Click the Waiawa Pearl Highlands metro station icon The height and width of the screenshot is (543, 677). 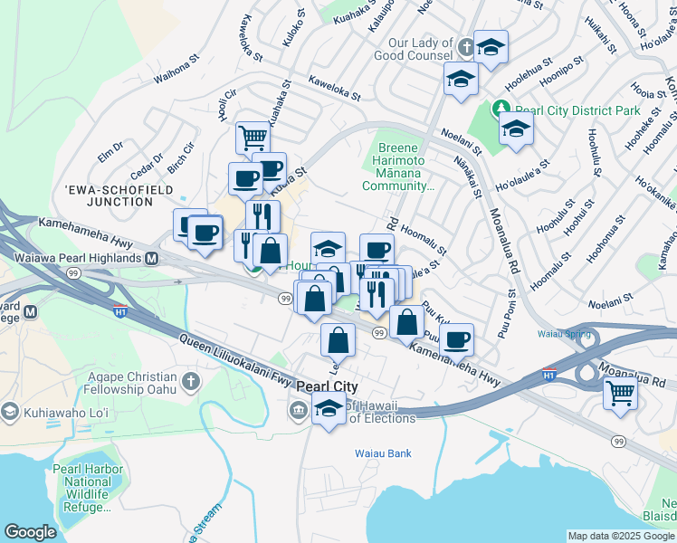pyautogui.click(x=152, y=258)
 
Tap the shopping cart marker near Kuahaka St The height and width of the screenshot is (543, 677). pyautogui.click(x=253, y=138)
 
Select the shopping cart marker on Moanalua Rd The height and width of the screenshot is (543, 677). pyautogui.click(x=620, y=393)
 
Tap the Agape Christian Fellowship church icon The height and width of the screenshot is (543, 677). pyautogui.click(x=190, y=381)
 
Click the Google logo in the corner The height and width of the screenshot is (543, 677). pyautogui.click(x=30, y=532)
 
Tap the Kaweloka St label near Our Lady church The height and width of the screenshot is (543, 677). pyautogui.click(x=334, y=88)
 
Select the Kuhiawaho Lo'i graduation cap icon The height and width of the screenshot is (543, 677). pyautogui.click(x=9, y=412)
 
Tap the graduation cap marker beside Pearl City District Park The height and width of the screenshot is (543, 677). pyautogui.click(x=516, y=129)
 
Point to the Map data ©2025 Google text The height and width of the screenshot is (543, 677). pyautogui.click(x=621, y=536)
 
